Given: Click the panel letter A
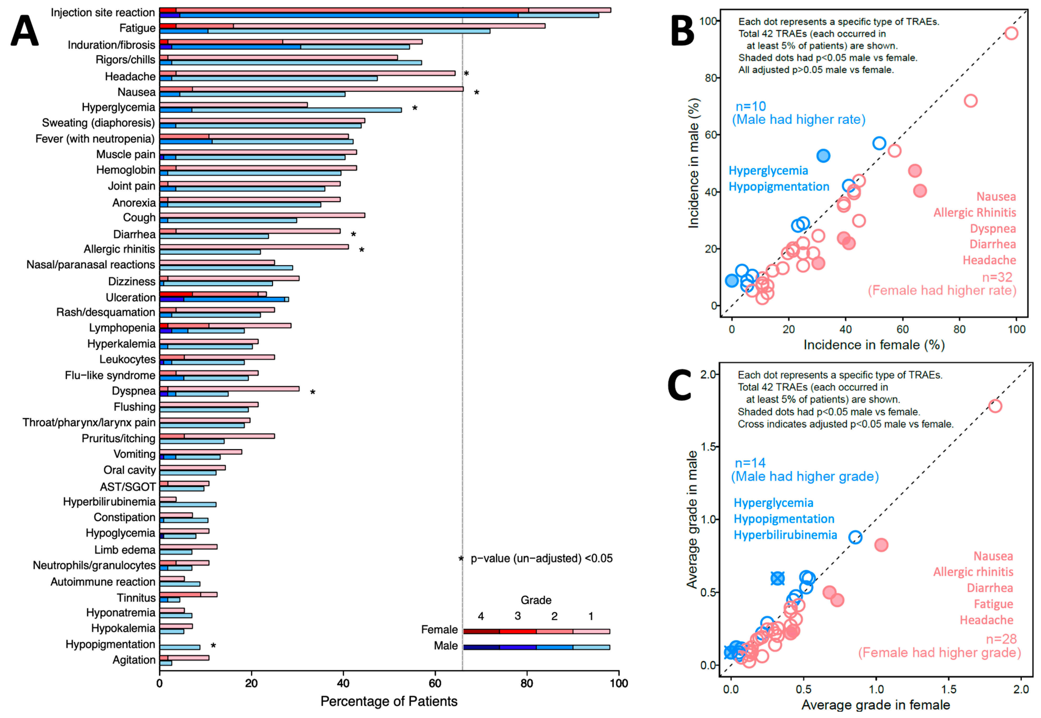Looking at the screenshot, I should click(25, 30).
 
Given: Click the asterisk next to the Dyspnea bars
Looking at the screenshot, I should click(313, 393).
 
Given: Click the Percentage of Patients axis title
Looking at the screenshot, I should click(389, 702).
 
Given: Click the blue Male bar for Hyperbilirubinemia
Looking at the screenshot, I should click(188, 505).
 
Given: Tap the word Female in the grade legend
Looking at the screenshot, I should click(439, 630).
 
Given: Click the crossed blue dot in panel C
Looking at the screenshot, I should click(778, 579).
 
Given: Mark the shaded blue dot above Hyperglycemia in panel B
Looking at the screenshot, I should click(823, 156).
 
